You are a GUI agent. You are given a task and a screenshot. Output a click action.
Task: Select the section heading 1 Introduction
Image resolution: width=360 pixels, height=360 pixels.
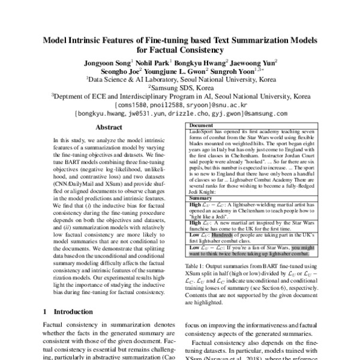62,312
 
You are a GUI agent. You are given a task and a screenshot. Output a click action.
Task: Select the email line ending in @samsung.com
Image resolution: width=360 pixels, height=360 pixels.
180,112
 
